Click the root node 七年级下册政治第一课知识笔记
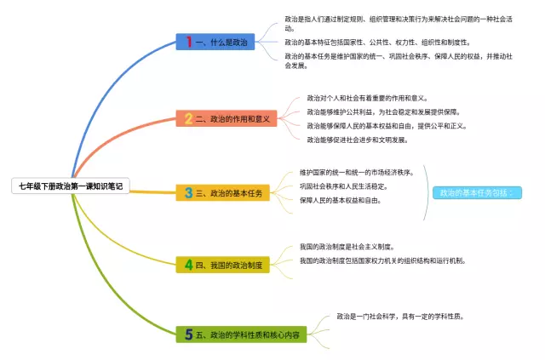pyautogui.click(x=72, y=186)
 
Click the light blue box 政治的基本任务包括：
pyautogui.click(x=476, y=193)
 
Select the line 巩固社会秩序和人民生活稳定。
pyautogui.click(x=343, y=186)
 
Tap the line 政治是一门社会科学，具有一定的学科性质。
pyautogui.click(x=399, y=316)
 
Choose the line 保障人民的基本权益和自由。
pyautogui.click(x=340, y=200)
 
